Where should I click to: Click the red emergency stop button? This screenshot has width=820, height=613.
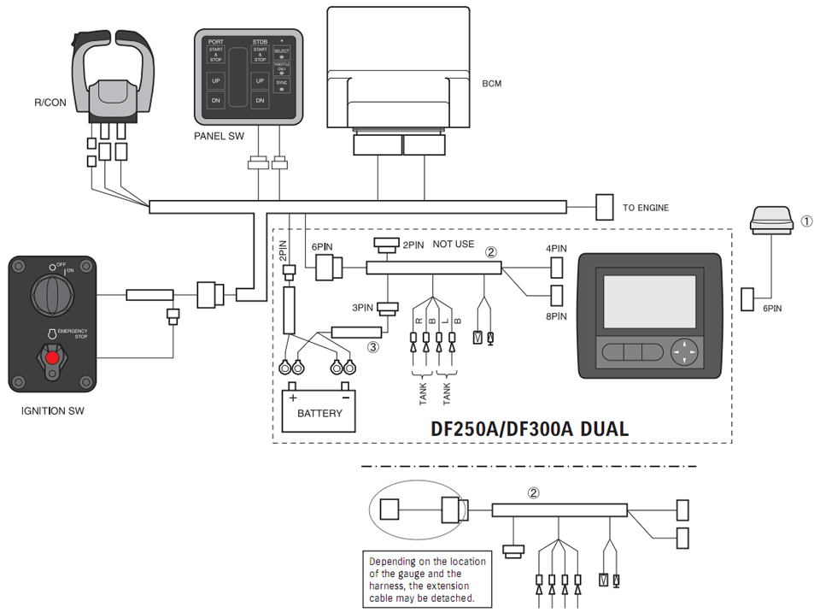(x=53, y=357)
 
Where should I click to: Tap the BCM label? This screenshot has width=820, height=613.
(x=492, y=84)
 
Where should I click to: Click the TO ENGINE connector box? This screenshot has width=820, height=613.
(x=604, y=207)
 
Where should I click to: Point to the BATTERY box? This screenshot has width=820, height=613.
(x=319, y=411)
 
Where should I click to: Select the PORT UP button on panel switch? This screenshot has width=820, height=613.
(x=216, y=81)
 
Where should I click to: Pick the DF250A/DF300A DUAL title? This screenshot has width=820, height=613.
(x=524, y=428)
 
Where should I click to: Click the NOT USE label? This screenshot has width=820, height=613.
(x=454, y=244)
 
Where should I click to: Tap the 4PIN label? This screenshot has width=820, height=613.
(x=556, y=248)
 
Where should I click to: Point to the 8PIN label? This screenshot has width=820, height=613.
(x=556, y=315)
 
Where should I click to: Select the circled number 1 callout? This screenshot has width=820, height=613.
(x=807, y=221)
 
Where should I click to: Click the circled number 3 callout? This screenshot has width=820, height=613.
(x=372, y=347)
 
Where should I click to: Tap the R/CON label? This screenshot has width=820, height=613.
(x=50, y=102)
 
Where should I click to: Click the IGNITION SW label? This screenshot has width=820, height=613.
(x=52, y=410)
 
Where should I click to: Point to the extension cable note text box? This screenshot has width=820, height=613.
(x=427, y=580)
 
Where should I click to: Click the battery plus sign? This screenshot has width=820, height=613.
(x=293, y=398)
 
